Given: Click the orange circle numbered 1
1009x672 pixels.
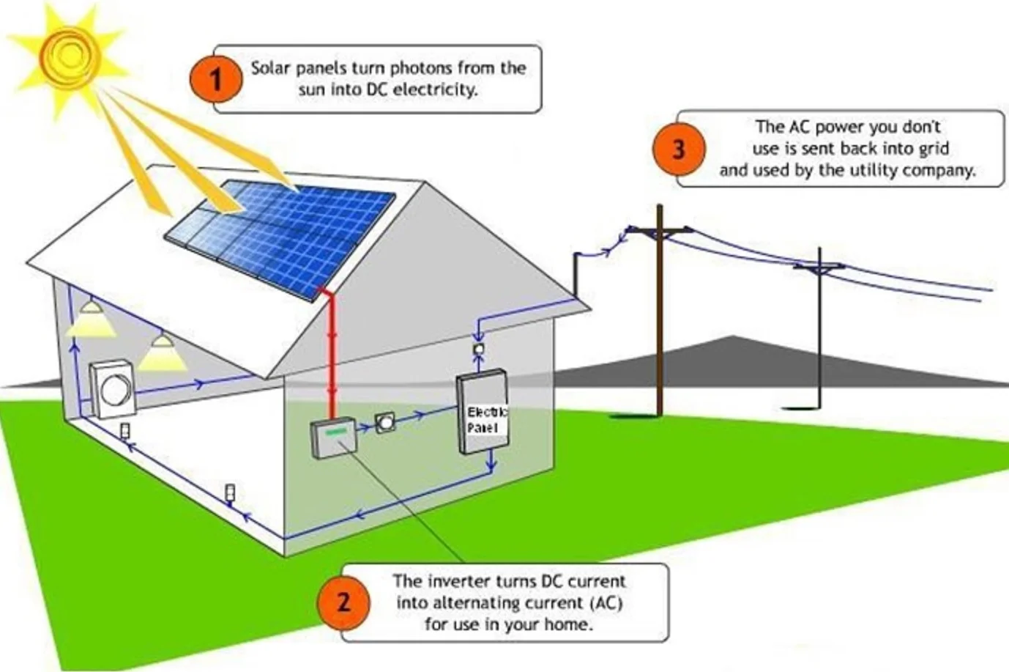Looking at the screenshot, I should (215, 79).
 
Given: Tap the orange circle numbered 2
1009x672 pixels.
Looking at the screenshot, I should (343, 602).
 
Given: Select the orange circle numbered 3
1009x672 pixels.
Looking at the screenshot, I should (678, 149).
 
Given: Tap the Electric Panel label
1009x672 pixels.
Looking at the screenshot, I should (486, 420).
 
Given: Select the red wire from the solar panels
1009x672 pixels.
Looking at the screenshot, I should (332, 352).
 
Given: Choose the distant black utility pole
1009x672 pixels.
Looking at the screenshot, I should (819, 330).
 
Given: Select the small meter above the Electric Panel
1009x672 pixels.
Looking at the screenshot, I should (479, 349).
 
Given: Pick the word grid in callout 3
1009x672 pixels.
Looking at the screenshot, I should (932, 149).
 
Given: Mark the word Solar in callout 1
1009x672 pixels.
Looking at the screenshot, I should (270, 68).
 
